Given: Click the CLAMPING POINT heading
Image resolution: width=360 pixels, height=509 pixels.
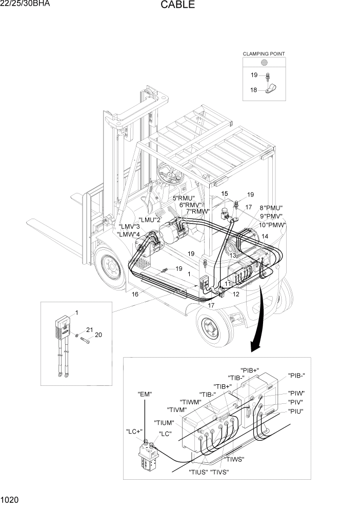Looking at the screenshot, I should (264, 53).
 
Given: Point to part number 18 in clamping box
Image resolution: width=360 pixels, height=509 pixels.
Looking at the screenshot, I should (253, 90).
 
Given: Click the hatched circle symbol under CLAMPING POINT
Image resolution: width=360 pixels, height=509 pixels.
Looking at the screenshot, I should (264, 63).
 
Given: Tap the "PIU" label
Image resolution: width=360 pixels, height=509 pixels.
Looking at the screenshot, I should (295, 411).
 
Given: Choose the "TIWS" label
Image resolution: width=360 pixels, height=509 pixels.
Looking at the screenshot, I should (234, 459).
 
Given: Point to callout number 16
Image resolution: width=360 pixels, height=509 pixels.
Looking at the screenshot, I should (135, 294).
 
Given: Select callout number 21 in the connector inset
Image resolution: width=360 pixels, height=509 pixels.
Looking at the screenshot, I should (89, 329).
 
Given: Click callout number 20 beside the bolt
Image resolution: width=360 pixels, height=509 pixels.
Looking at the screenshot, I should (98, 335).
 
